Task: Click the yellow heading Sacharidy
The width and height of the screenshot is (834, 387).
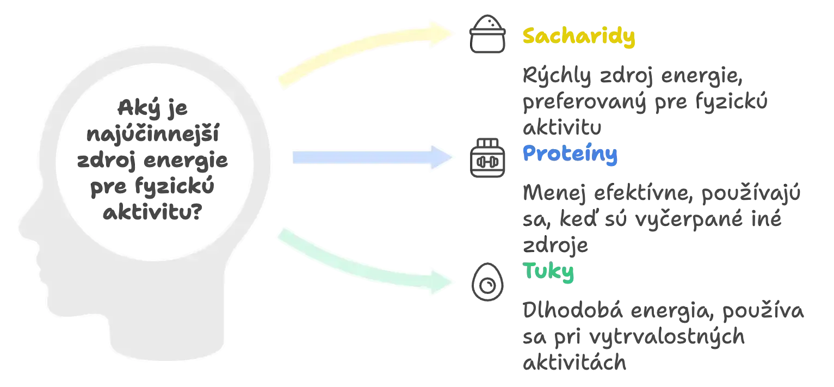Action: tap(579, 37)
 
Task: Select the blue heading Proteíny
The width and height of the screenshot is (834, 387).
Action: tap(570, 154)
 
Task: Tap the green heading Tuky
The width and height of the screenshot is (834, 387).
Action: tap(548, 272)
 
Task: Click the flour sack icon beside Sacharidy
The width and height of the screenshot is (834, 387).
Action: tap(487, 34)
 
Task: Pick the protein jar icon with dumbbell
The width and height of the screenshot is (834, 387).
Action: tap(487, 157)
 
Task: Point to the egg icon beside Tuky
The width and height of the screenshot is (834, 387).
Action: tap(487, 282)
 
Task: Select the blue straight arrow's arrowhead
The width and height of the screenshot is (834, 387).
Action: tap(442, 157)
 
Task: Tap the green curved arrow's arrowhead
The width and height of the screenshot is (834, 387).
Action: tap(442, 281)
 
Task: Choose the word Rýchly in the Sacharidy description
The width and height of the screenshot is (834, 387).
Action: tap(557, 76)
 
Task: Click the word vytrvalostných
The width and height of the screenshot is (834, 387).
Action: tap(667, 337)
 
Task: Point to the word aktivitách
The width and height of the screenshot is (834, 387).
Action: tap(574, 362)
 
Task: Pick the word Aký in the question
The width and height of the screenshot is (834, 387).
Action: tap(134, 108)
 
